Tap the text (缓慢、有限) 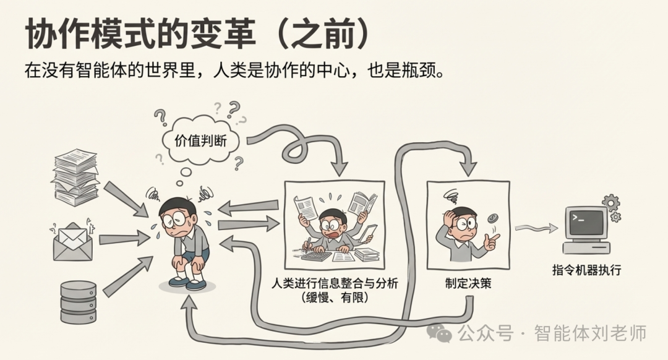pyautogui.click(x=335, y=298)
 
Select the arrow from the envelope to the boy pyautogui.click(x=124, y=238)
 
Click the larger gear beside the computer pyautogui.click(x=610, y=203)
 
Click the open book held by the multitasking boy pyautogui.click(x=362, y=203)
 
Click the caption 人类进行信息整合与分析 pyautogui.click(x=335, y=283)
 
